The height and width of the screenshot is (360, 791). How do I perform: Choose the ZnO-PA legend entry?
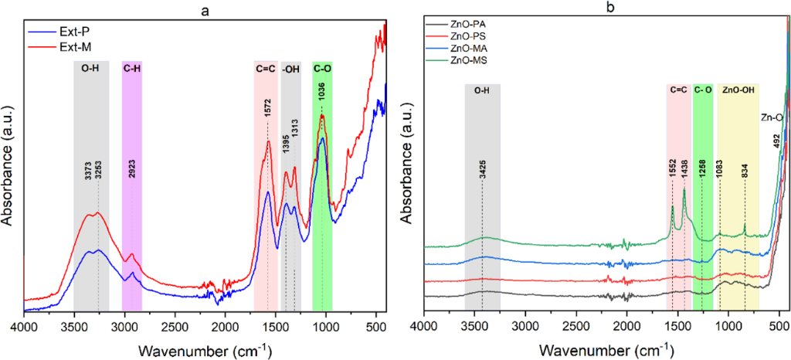tap(457, 24)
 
